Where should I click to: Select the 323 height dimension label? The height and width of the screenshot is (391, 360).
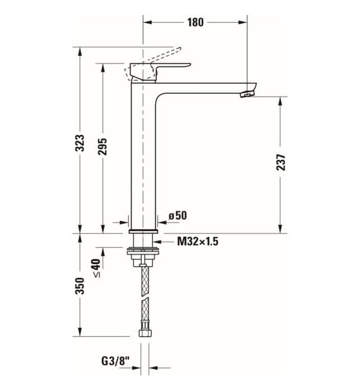(80, 143)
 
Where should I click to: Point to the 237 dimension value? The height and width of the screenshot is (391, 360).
(280, 162)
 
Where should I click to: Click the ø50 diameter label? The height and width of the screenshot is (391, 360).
(177, 216)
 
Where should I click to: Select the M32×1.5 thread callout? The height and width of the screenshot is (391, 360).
(196, 241)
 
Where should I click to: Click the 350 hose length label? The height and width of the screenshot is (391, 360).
(80, 285)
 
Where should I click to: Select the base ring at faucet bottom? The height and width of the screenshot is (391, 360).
(144, 231)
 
